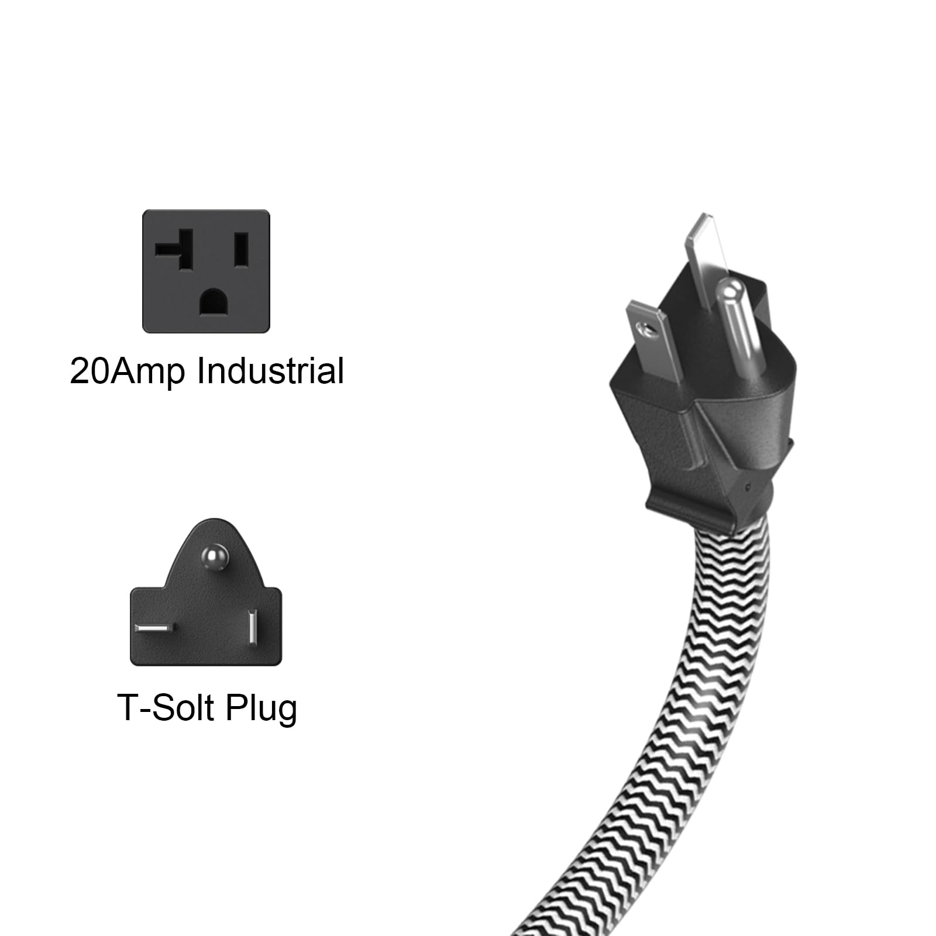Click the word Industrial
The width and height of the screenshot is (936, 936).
(270, 371)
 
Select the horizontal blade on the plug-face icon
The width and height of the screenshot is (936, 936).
(153, 628)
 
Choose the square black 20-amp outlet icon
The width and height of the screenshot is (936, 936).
(206, 271)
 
